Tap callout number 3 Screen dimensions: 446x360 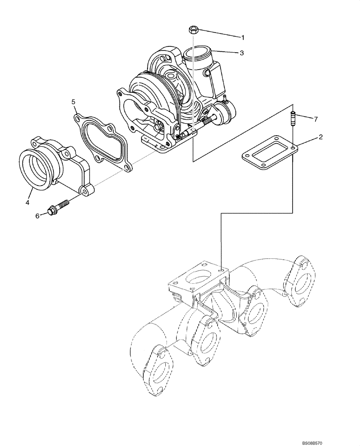coord(241,53)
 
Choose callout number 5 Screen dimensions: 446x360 coord(74,102)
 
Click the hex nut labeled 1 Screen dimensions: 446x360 coord(193,30)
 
